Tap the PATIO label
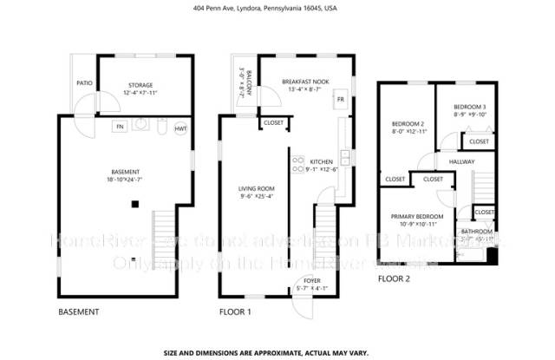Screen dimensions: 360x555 [x=84, y=83]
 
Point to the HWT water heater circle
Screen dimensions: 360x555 [x=180, y=128]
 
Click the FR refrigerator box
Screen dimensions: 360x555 [x=340, y=100]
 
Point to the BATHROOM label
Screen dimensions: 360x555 [x=477, y=232]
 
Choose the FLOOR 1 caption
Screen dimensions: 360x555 [x=235, y=311]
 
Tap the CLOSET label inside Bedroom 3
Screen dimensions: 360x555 [x=479, y=141]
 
